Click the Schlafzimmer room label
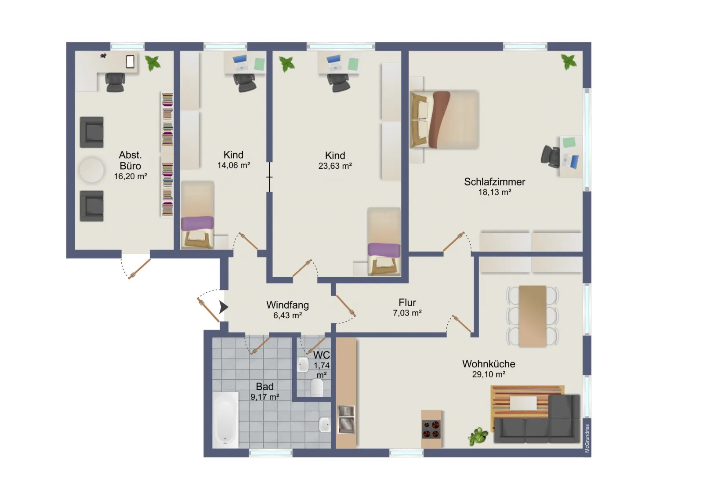point(495,182)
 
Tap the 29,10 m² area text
point(489,374)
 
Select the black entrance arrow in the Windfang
point(224,307)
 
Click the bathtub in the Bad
point(225,420)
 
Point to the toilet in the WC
point(317,388)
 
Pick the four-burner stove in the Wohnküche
point(431,429)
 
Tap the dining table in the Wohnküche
point(532,316)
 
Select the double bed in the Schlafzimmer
point(444,119)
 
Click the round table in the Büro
point(91,170)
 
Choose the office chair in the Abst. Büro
point(115,82)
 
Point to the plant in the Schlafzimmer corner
point(569,62)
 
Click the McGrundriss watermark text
point(587,438)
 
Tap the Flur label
point(407,302)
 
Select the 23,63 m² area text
point(335,166)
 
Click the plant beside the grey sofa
point(478,436)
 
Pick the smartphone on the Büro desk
point(130,62)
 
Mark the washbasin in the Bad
point(325,425)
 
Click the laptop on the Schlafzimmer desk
point(571,162)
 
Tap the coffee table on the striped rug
point(523,403)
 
